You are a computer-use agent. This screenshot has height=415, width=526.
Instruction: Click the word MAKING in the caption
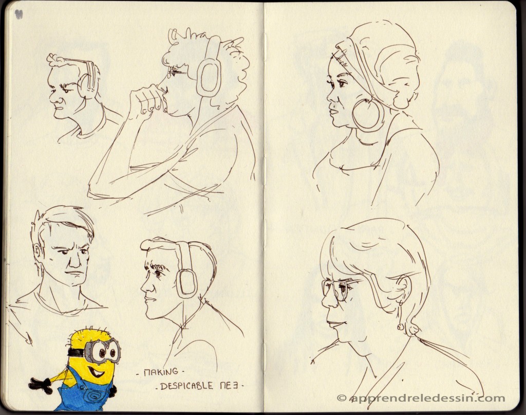(161, 372)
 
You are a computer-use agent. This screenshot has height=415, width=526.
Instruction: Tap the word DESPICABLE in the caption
(186, 386)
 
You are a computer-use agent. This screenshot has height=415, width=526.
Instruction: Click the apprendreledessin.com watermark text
(427, 398)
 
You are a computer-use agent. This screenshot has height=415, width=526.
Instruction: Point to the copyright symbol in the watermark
(341, 398)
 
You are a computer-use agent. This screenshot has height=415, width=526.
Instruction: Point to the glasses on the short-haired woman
(335, 290)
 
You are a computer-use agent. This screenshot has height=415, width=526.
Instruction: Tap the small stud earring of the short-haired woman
(400, 327)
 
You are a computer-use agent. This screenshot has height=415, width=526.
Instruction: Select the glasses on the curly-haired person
(178, 71)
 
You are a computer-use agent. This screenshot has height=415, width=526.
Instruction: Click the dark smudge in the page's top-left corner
(18, 14)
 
